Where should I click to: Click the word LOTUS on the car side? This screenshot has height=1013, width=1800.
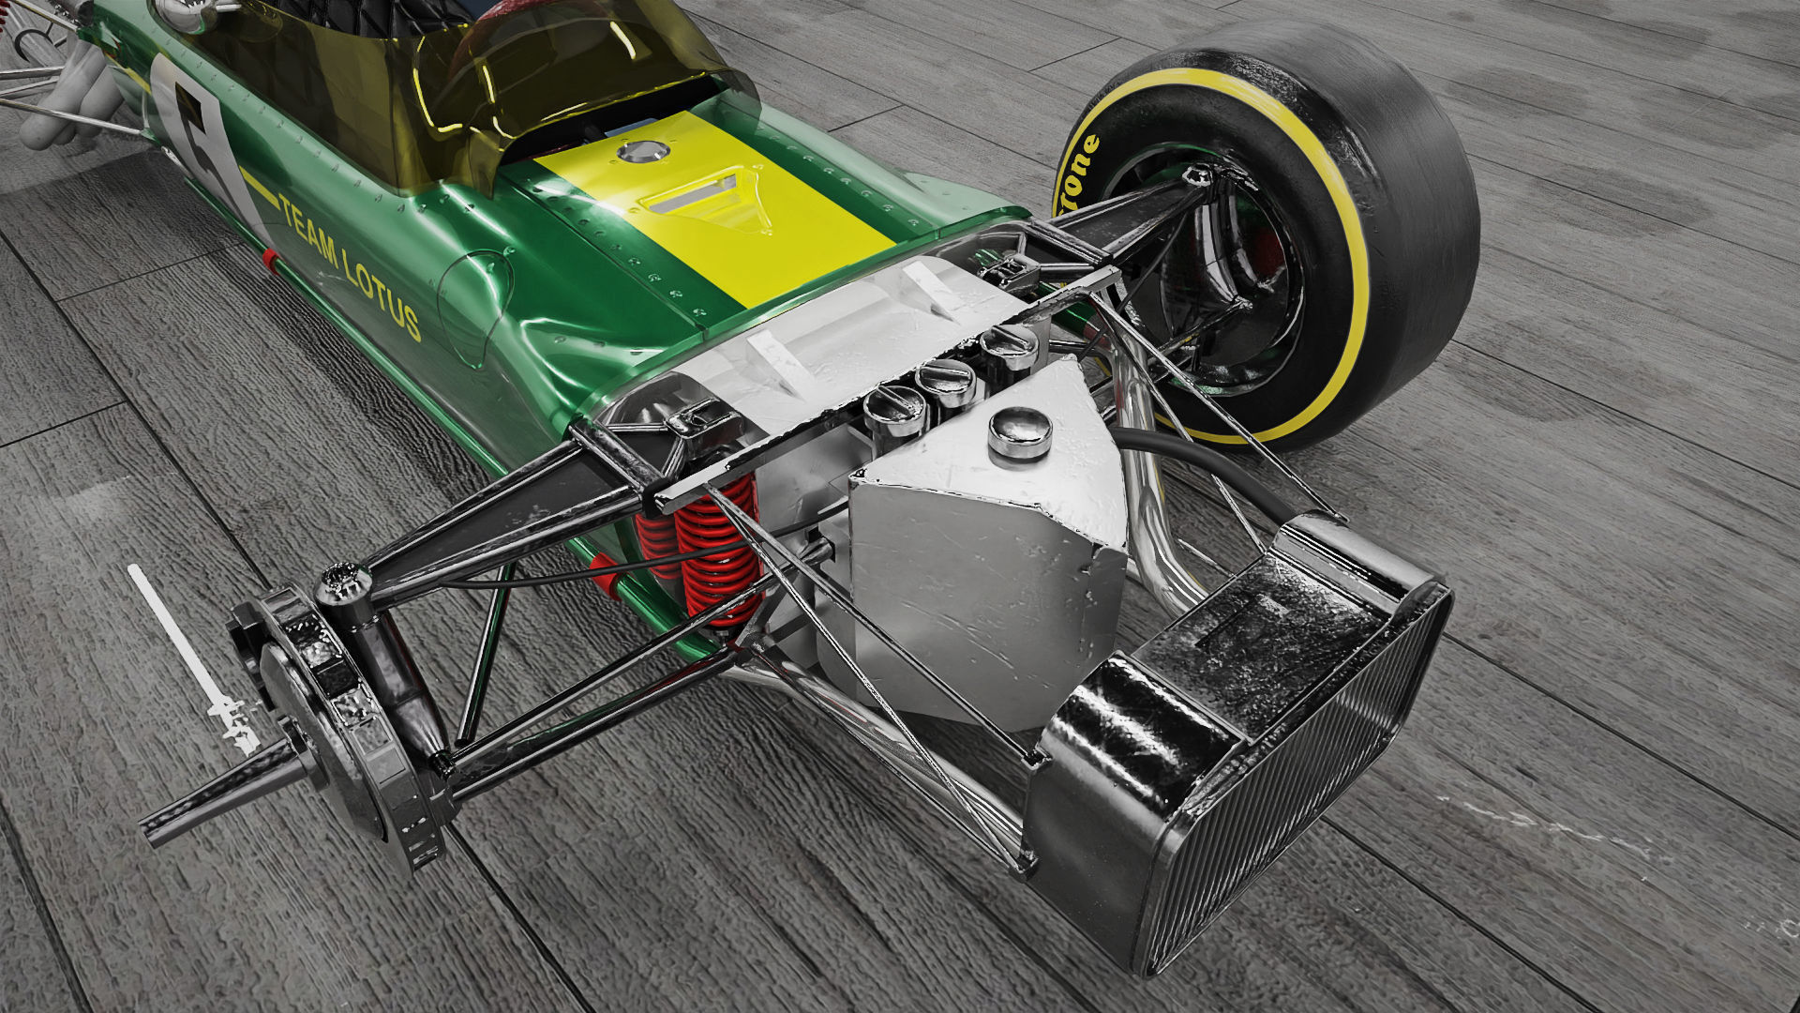click(382, 290)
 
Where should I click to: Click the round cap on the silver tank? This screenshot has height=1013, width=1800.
click(1019, 434)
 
